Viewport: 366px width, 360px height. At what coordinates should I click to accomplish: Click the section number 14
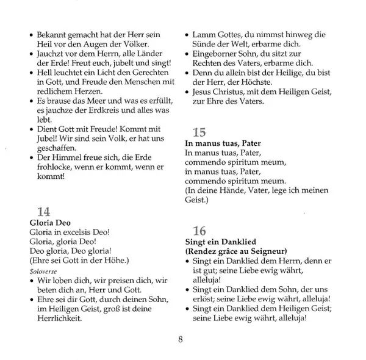coord(44,212)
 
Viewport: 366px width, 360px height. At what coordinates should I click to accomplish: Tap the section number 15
coord(199,131)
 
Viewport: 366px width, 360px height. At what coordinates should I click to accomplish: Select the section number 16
coord(199,231)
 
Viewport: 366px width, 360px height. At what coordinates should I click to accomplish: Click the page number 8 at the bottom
coord(182,339)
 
